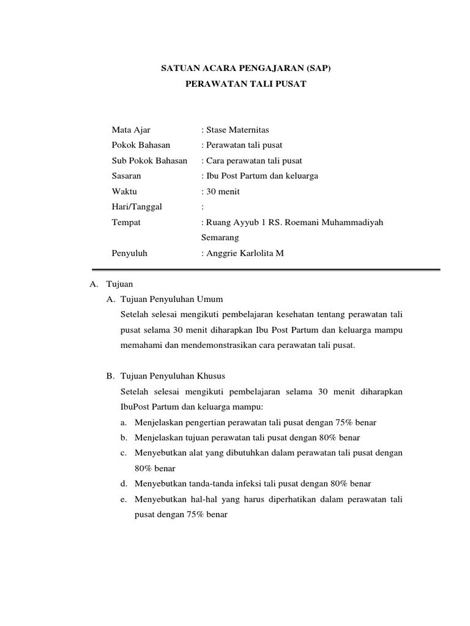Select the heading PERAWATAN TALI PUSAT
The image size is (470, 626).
(x=245, y=85)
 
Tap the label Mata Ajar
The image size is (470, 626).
(x=131, y=130)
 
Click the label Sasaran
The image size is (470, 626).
(x=126, y=175)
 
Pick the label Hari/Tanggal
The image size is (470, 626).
(x=137, y=207)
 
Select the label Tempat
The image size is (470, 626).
(x=126, y=223)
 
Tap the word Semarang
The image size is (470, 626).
(x=220, y=237)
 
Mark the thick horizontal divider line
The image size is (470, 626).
(x=265, y=270)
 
